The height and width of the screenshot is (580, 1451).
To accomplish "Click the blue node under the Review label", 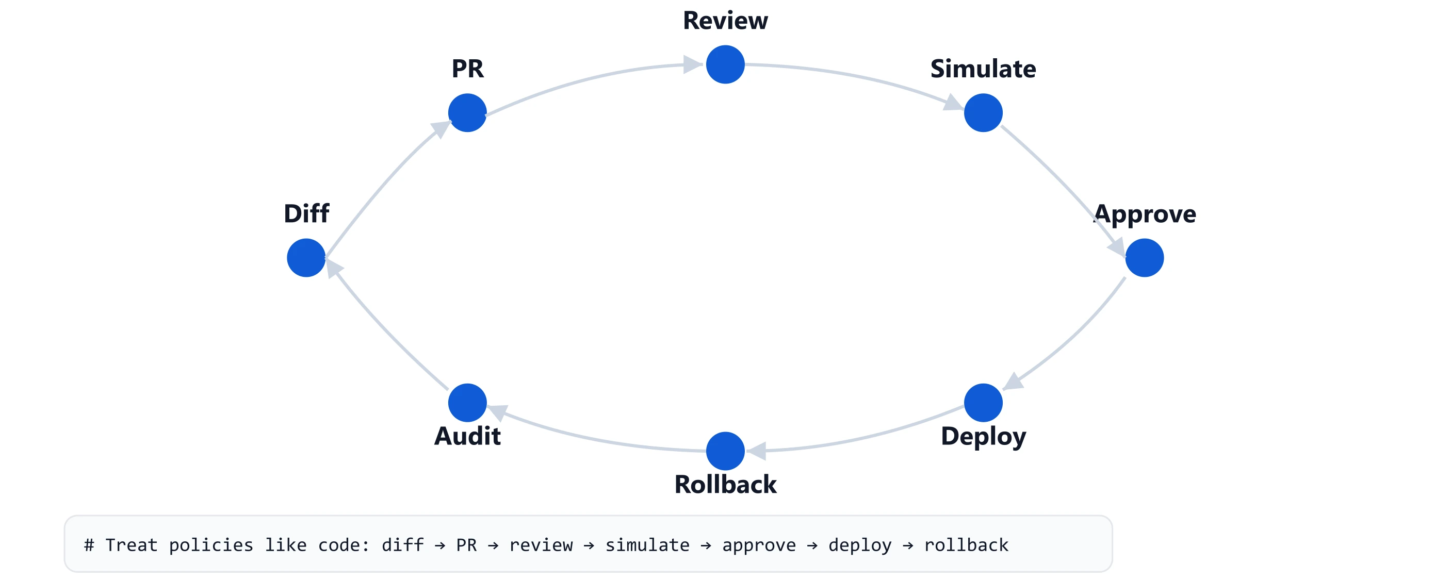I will (x=725, y=65).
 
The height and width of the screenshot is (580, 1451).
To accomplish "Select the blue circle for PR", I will (x=467, y=112).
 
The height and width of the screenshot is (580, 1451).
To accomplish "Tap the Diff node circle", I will (x=306, y=258).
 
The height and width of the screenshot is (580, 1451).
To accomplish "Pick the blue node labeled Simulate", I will (x=983, y=112).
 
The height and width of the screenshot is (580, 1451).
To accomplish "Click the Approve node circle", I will (x=1144, y=258).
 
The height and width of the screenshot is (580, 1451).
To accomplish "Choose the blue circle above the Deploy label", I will (x=983, y=403).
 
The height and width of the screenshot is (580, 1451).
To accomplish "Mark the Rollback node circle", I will (x=725, y=451).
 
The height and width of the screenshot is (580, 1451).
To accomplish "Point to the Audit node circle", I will (x=467, y=403).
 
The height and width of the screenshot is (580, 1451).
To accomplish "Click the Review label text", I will (x=725, y=21).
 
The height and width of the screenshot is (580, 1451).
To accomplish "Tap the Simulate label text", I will (x=983, y=69).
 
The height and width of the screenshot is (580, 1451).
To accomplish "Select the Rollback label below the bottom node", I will (x=725, y=484).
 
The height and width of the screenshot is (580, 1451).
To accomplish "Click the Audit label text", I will (x=467, y=436).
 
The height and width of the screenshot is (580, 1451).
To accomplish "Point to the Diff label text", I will (x=306, y=213).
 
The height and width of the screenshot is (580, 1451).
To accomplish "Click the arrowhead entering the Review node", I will (x=691, y=65).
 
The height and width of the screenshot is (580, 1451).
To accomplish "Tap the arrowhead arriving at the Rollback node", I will (x=757, y=451).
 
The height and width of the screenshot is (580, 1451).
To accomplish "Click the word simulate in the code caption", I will (x=647, y=545).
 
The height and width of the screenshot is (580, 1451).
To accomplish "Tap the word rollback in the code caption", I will (x=966, y=545).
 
